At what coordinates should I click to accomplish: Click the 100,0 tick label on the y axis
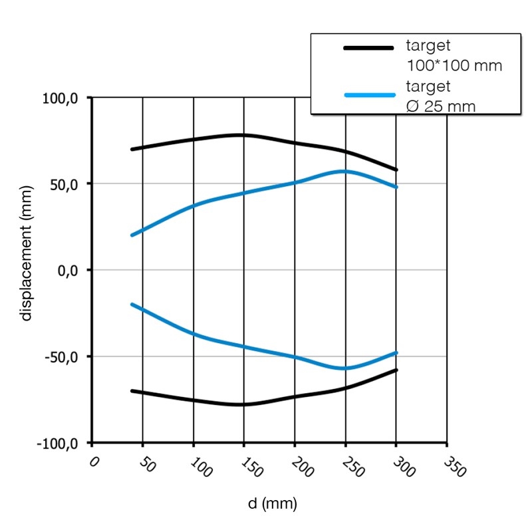(61, 98)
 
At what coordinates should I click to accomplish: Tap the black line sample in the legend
(368, 47)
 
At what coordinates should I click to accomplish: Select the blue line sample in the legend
(368, 95)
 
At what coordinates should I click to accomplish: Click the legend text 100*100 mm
(454, 66)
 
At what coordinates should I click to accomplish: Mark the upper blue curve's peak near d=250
(344, 171)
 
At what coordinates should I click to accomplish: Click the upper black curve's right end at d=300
(396, 170)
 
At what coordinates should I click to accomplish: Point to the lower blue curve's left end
(132, 305)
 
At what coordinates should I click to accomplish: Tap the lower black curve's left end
(132, 391)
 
